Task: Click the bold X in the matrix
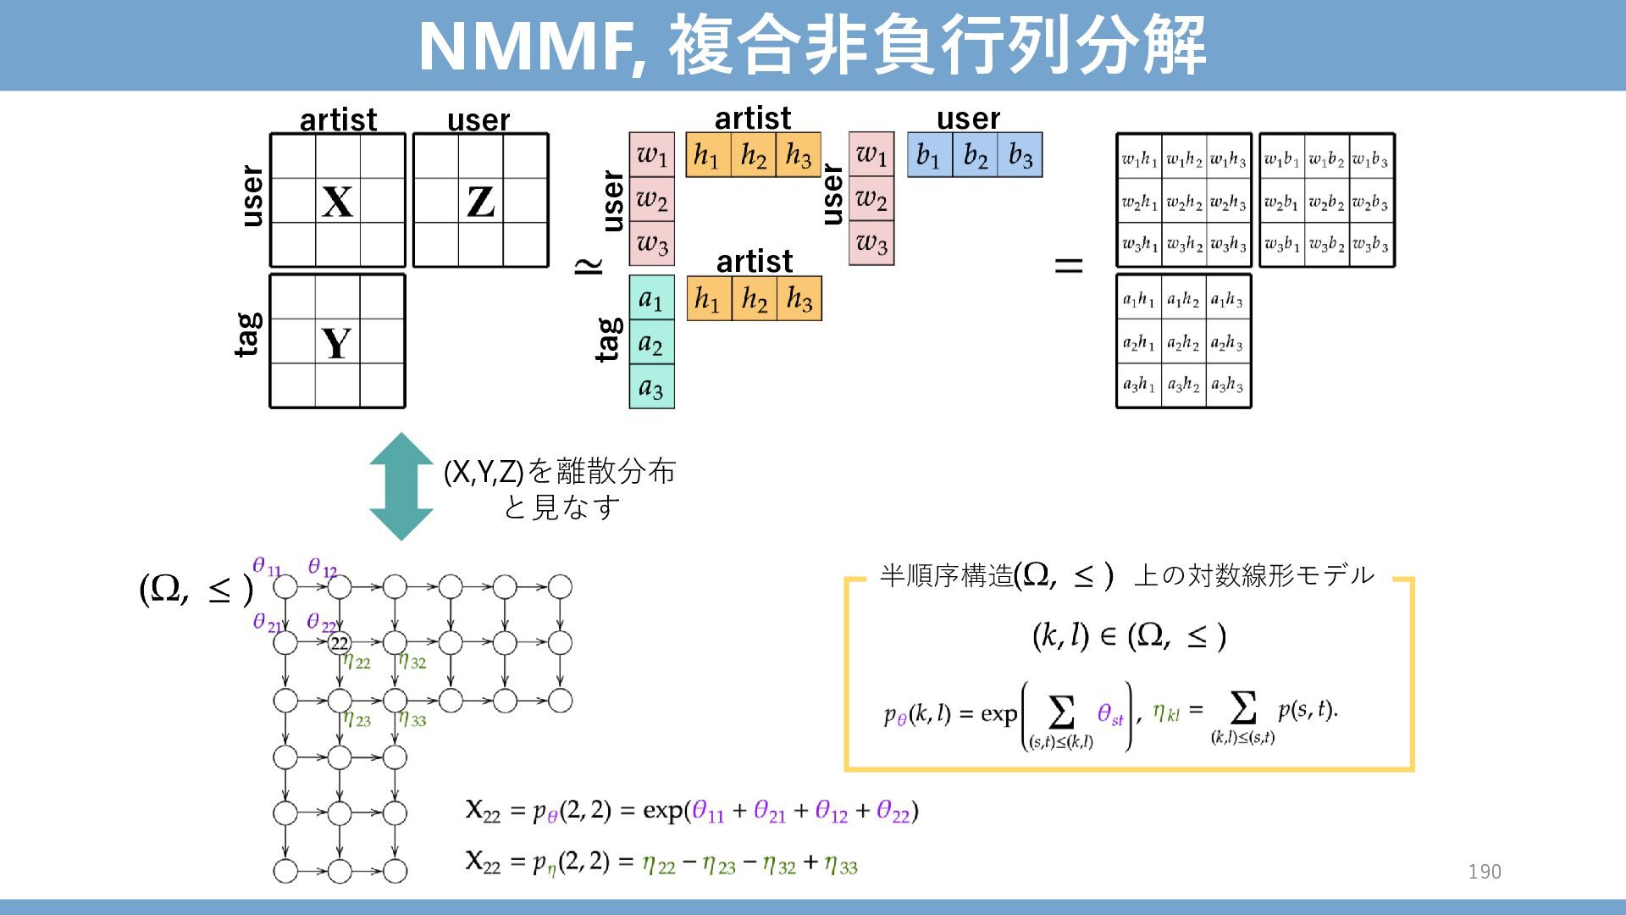(x=337, y=202)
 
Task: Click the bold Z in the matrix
(x=480, y=202)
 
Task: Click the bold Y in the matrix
(x=336, y=343)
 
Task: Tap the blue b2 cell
(x=975, y=155)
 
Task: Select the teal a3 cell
(x=651, y=387)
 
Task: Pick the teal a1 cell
(x=651, y=298)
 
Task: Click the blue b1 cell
(x=929, y=155)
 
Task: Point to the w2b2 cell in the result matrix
(x=1326, y=202)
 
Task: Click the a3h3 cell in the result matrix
(x=1227, y=385)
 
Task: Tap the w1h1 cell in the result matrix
(x=1139, y=158)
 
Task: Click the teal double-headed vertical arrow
(x=401, y=486)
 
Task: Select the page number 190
(x=1485, y=872)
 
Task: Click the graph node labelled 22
(x=340, y=643)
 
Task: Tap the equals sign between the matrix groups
(x=1069, y=266)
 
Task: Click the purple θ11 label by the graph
(x=266, y=567)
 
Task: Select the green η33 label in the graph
(x=412, y=720)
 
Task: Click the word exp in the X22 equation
(x=664, y=811)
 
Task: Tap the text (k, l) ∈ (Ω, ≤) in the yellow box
(x=1129, y=635)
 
